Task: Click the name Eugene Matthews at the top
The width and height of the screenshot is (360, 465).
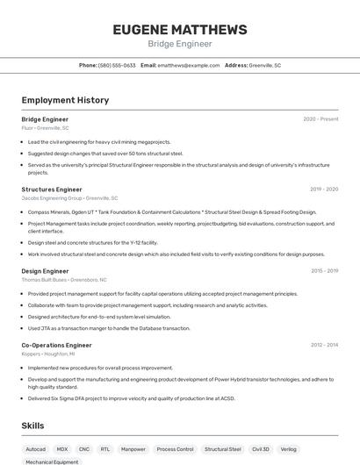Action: click(179, 29)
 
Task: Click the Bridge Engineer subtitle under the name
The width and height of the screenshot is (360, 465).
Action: click(179, 44)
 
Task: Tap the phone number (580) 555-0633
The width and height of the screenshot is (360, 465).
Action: click(117, 65)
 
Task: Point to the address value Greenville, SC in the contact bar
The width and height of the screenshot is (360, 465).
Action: click(264, 65)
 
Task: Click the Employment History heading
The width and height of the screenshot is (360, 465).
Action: click(65, 100)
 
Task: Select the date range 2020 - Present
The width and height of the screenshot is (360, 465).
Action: click(320, 119)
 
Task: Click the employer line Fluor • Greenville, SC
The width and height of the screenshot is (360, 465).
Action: click(46, 128)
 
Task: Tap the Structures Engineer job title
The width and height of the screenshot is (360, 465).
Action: click(52, 190)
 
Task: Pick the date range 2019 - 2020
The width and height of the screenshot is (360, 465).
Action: click(324, 190)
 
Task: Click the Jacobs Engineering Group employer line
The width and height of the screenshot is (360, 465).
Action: click(69, 198)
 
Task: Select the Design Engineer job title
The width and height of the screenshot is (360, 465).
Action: click(45, 271)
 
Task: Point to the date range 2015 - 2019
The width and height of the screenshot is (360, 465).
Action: click(324, 271)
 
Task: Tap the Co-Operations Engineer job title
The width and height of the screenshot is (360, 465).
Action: click(56, 345)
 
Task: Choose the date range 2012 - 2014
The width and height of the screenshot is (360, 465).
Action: click(324, 345)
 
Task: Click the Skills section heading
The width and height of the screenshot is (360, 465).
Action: click(33, 426)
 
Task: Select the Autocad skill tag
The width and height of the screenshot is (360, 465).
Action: click(36, 449)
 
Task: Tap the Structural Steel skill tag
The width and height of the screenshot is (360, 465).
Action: click(223, 449)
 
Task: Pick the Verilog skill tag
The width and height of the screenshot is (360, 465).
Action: click(289, 449)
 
